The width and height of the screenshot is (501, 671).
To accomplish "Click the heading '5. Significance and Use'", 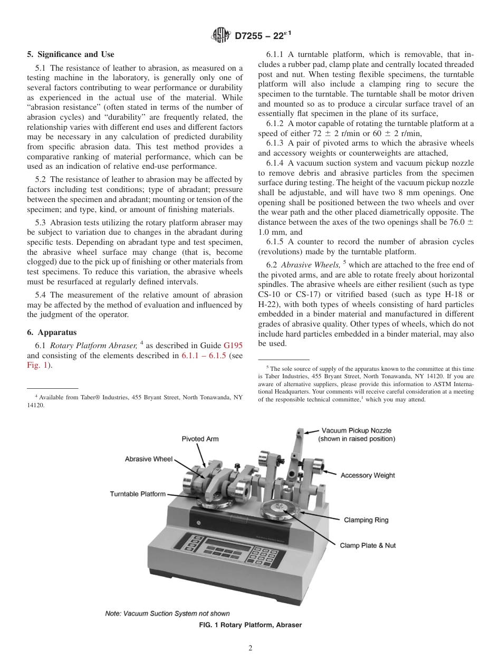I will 71,54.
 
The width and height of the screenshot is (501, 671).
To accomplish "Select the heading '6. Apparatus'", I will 52,332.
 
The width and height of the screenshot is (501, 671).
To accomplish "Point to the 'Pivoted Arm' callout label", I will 200,439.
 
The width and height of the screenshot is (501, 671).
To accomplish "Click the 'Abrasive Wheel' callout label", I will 148,459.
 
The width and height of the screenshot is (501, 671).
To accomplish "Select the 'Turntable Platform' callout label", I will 138,494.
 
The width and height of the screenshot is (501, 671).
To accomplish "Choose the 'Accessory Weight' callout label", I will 368,475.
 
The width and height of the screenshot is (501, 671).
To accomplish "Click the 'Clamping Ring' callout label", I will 366,520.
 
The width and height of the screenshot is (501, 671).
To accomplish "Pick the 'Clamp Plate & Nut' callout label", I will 368,545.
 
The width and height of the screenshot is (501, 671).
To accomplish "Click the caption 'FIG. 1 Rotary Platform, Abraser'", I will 250,625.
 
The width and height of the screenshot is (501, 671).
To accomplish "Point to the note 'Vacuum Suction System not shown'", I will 167,614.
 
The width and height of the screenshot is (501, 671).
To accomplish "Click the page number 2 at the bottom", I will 250,648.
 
